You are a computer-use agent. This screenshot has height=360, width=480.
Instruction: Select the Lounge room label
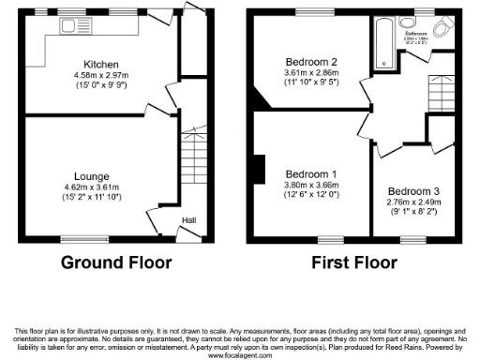(x=94, y=175)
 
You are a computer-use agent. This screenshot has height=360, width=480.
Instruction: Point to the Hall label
(x=188, y=220)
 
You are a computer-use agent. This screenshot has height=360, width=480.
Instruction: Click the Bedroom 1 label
(x=311, y=174)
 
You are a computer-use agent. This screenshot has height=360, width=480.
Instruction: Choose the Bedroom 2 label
(x=311, y=63)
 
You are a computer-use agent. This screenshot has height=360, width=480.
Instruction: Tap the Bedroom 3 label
(x=413, y=190)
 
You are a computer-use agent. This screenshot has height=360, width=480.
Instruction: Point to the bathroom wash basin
(x=409, y=22)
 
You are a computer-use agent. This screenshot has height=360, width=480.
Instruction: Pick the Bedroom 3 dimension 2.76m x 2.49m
(x=413, y=202)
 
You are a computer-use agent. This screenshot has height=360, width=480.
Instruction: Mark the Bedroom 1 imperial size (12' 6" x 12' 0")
(x=311, y=195)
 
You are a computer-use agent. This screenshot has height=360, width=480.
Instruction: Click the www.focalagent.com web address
(x=240, y=355)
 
